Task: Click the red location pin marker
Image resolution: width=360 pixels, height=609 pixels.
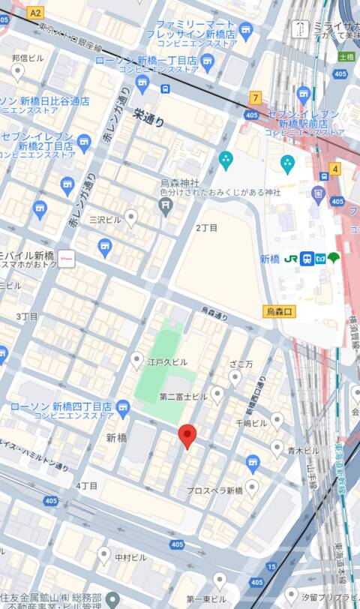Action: point(187,435)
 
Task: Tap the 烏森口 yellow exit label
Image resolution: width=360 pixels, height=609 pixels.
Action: point(281,310)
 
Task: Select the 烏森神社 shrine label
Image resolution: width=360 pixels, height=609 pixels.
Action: point(181,181)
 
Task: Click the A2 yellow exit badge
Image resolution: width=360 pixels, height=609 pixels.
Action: point(36,13)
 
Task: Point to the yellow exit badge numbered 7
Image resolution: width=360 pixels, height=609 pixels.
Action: point(256,97)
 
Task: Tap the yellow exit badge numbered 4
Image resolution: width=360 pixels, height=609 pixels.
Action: point(334,169)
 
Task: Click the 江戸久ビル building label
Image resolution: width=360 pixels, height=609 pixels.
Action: point(168,362)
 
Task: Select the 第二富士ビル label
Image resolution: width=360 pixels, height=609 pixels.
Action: point(182,395)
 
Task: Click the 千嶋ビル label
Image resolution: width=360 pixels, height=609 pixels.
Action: point(251,423)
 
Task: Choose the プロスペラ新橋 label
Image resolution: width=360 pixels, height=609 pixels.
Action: point(215,490)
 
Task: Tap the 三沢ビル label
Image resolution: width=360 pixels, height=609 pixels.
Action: point(105,220)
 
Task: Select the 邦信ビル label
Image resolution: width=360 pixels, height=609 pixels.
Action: point(28,57)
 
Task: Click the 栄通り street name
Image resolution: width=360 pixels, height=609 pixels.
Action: point(148,116)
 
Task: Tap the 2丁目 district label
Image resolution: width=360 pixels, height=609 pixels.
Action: point(206,227)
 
